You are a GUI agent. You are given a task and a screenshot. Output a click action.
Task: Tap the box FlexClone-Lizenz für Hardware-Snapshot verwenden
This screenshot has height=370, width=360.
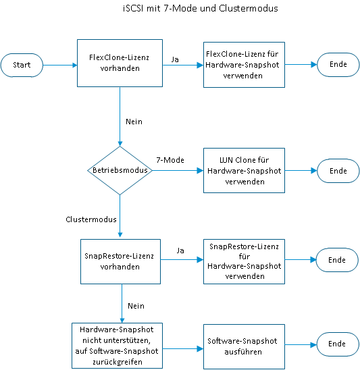click(243, 65)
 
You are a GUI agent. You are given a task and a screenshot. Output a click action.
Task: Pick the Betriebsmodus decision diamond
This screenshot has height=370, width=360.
click(120, 171)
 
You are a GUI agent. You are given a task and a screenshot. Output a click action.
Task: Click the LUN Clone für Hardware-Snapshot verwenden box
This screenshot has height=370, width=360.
click(243, 171)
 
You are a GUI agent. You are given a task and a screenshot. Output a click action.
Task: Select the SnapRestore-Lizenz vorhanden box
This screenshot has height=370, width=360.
click(120, 261)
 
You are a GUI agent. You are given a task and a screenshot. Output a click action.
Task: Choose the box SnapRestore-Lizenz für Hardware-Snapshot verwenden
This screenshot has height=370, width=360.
click(243, 261)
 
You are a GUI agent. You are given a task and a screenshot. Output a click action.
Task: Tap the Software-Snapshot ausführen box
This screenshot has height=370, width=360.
click(243, 346)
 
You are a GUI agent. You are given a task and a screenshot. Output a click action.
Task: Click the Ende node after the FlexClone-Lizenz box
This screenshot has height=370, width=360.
click(337, 65)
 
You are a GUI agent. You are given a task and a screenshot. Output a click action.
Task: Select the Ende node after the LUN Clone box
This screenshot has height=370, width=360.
click(337, 171)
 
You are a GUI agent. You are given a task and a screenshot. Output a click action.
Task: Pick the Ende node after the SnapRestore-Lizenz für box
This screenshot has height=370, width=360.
click(337, 261)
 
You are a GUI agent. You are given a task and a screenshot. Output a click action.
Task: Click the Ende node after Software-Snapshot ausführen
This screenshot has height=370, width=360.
click(337, 344)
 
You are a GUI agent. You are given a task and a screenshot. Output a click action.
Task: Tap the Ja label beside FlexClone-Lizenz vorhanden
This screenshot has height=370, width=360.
click(175, 59)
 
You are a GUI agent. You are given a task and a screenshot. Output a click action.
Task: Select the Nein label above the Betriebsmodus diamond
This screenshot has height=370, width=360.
click(134, 121)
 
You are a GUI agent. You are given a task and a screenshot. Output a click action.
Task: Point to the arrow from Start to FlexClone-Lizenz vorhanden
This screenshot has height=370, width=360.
click(60, 65)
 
